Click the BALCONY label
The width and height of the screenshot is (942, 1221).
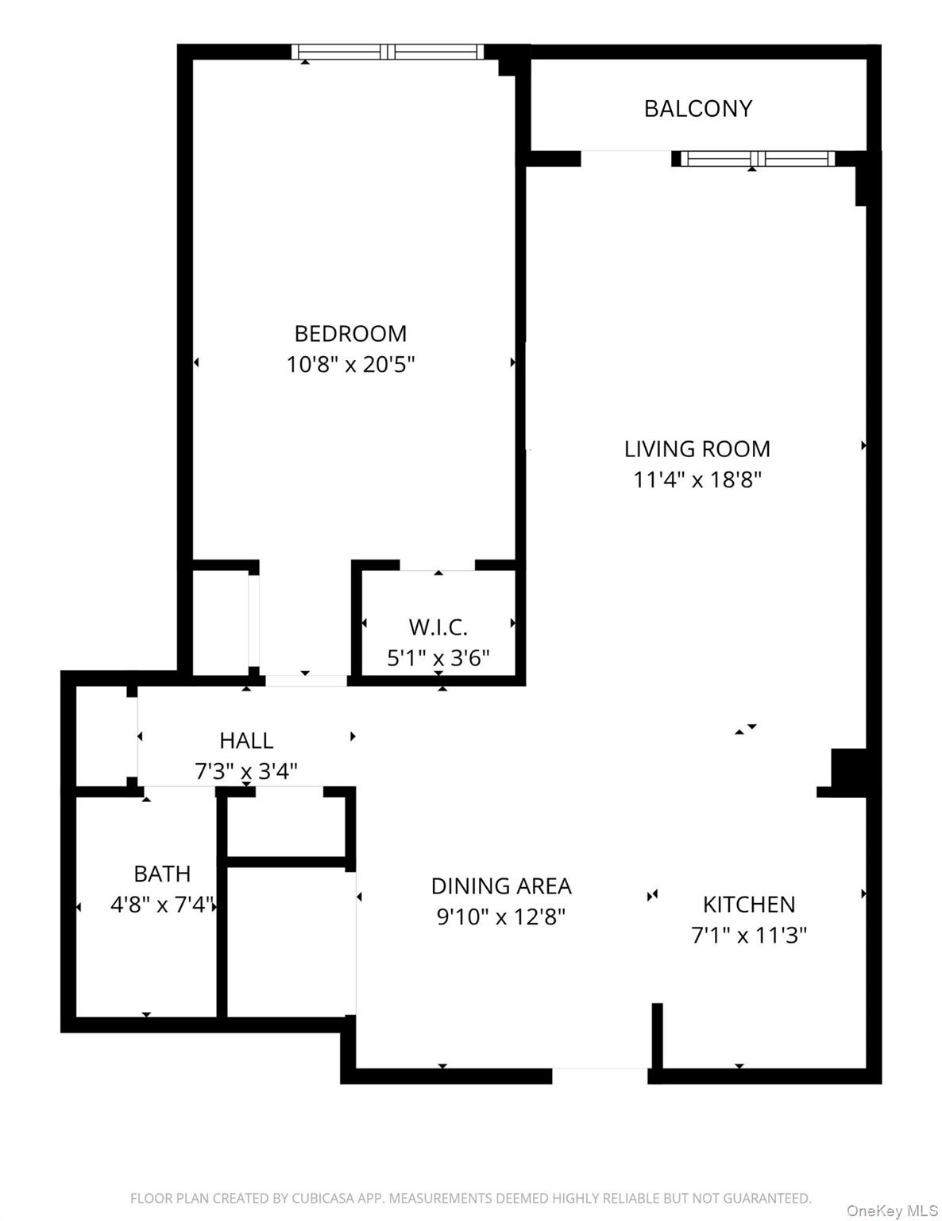[x=697, y=108]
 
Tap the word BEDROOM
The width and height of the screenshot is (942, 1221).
[x=350, y=333]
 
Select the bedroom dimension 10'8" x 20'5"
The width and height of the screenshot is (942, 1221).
[x=350, y=365]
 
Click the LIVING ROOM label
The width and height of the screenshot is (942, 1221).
[x=697, y=449]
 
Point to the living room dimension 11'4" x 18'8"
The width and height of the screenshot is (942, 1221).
[x=697, y=480]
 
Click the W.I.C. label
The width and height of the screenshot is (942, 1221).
[x=438, y=627]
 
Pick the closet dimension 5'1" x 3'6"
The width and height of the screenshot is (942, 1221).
[x=438, y=658]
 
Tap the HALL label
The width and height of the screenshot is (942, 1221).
[x=246, y=740]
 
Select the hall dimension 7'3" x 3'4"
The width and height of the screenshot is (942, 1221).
[x=246, y=771]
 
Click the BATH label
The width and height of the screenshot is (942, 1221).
[x=162, y=874]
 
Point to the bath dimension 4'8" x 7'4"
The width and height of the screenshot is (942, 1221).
[x=163, y=905]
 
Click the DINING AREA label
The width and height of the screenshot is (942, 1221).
[x=500, y=886]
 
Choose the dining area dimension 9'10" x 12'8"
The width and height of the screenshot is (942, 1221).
[x=500, y=917]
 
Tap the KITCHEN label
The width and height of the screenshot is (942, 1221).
[x=748, y=904]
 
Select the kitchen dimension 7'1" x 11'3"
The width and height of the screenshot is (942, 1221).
[x=748, y=935]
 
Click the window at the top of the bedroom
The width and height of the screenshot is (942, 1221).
[x=388, y=52]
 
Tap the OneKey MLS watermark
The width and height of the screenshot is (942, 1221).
[x=892, y=1211]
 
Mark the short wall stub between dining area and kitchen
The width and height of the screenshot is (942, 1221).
[x=657, y=1036]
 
